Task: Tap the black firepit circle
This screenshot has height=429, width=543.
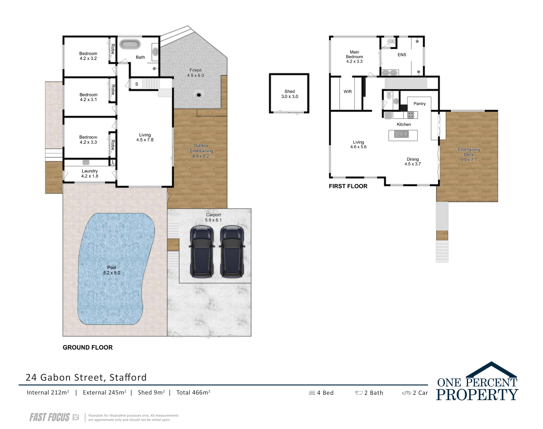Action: coord(199,95)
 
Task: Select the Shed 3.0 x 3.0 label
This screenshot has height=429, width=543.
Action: coord(290,94)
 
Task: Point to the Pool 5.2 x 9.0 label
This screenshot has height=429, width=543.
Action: coord(111,270)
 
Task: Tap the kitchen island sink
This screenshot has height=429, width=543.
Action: coord(401,134)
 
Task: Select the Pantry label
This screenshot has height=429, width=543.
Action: coord(420,103)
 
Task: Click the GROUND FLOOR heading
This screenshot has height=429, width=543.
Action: coord(88,347)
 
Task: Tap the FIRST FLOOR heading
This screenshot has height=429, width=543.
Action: coord(348,186)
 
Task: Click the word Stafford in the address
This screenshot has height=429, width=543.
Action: coord(128,377)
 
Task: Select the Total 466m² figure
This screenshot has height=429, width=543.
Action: coord(193,392)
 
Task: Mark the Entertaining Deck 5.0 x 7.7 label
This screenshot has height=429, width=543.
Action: coord(469,154)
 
